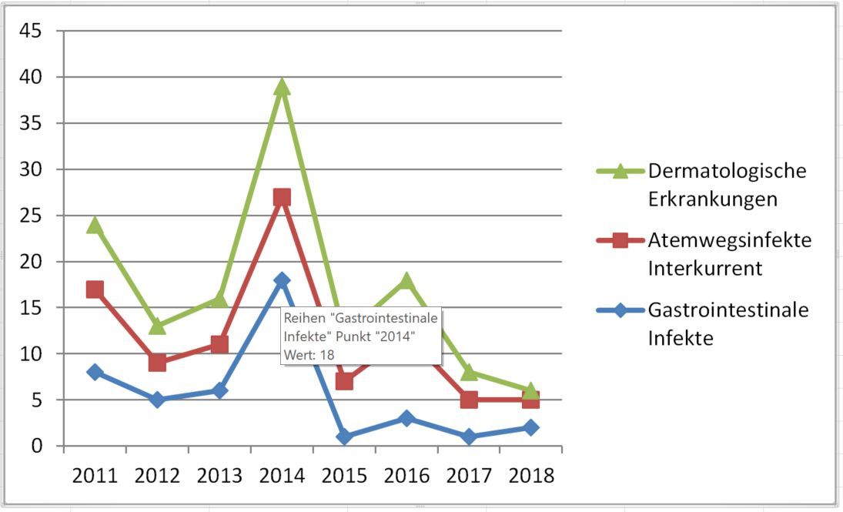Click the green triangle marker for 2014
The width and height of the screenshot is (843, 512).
(x=282, y=86)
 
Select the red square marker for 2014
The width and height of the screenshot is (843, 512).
(x=282, y=197)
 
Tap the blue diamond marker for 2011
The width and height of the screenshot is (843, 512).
(x=95, y=372)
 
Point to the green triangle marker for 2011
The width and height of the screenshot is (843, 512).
(x=95, y=225)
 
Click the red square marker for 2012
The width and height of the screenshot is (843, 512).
(x=157, y=363)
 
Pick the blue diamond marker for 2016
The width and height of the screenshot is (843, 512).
(x=406, y=418)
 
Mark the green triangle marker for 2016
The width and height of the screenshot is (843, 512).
(x=406, y=281)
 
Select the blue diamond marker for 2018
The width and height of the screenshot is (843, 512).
(x=530, y=427)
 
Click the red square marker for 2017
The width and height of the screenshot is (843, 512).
(x=469, y=400)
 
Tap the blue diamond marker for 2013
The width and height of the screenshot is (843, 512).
(x=219, y=390)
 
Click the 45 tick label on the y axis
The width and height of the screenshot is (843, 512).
(x=32, y=31)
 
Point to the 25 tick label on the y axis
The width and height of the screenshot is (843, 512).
(x=32, y=216)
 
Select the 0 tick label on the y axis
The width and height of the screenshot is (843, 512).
(x=37, y=446)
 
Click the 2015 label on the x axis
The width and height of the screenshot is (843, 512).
(x=344, y=475)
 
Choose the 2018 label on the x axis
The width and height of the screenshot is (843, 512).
(x=530, y=475)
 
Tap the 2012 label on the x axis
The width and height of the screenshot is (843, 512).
(x=157, y=475)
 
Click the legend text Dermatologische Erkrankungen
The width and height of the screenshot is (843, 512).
(x=727, y=185)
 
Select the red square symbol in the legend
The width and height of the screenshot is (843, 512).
(x=621, y=240)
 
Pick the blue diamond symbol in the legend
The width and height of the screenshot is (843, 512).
(x=621, y=310)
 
